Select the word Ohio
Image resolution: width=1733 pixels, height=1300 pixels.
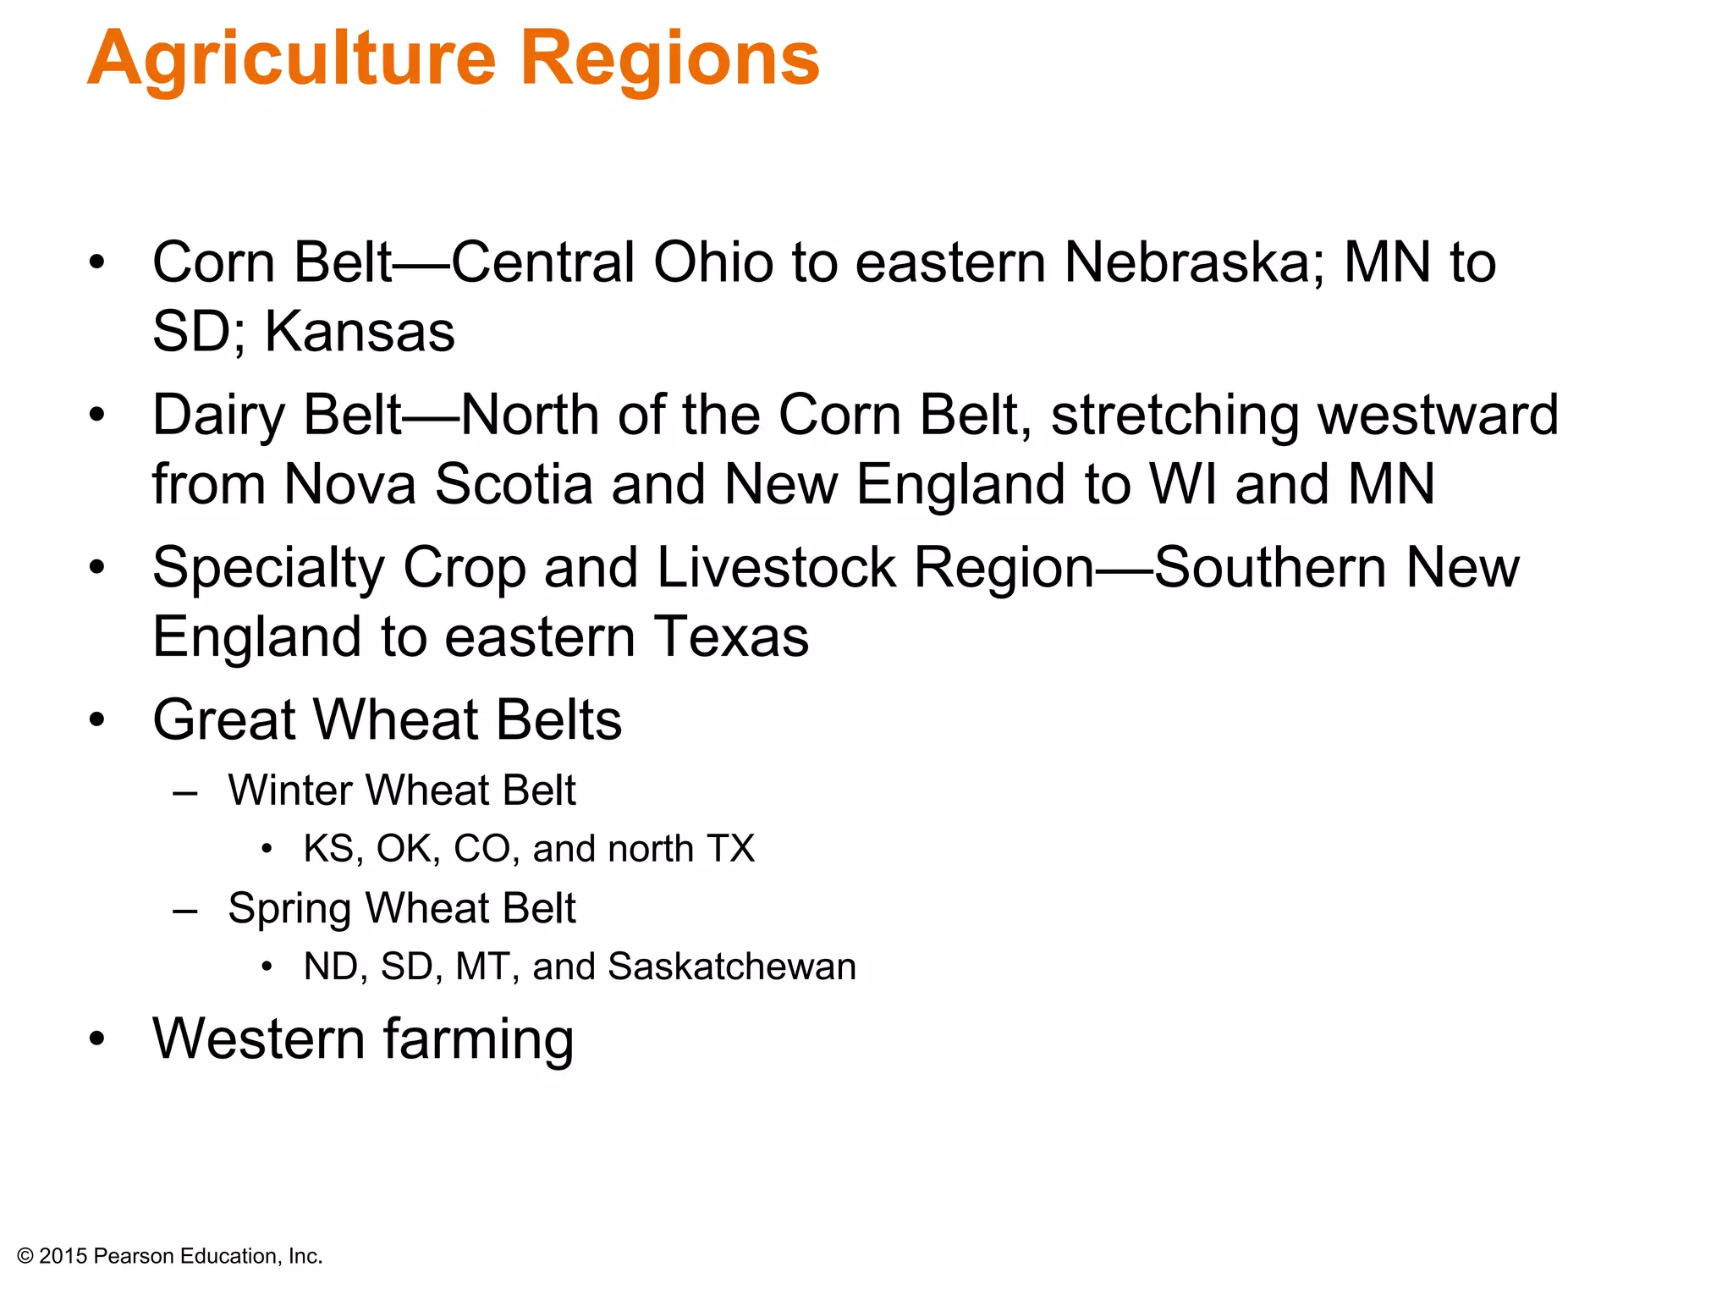point(712,262)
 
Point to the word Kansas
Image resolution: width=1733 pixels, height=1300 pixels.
point(360,332)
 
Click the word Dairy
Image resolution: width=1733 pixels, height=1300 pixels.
point(218,416)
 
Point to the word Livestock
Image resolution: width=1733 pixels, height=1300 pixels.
point(775,568)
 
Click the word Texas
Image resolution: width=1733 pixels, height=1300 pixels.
point(731,636)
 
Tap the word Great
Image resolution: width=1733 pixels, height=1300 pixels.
point(223,720)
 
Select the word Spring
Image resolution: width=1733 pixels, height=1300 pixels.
point(288,909)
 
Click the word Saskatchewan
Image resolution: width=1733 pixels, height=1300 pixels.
point(732,967)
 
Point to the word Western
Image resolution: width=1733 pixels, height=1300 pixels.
point(258,1038)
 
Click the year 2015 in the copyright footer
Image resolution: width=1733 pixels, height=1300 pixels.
point(63,1257)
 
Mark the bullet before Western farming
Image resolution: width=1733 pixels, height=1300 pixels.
point(97,1038)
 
